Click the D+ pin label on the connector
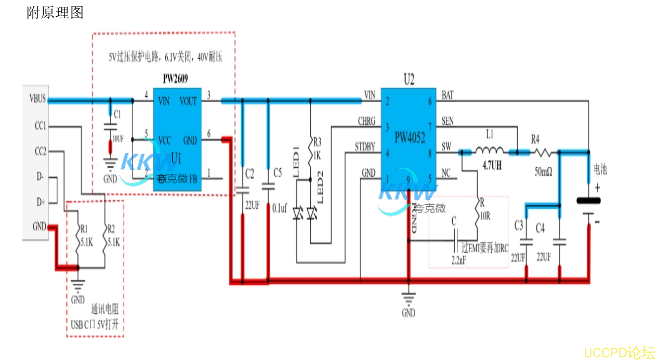tap(41, 202)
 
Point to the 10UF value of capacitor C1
tap(119, 138)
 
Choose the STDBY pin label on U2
tap(365, 147)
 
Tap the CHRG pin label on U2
tap(366, 121)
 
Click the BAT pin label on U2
tap(448, 95)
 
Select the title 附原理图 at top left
tap(55, 12)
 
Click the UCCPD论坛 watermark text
tap(620, 352)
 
